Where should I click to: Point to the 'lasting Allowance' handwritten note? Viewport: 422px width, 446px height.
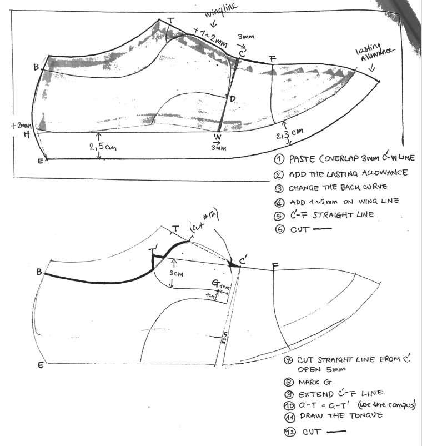(x=375, y=54)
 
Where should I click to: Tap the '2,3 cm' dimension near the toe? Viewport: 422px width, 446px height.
(x=292, y=132)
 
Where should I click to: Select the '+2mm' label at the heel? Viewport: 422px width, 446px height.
(x=19, y=126)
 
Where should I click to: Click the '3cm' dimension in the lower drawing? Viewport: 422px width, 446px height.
(x=177, y=274)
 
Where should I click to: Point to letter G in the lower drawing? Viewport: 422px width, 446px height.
(x=215, y=283)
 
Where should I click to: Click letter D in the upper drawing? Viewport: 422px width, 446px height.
(x=233, y=99)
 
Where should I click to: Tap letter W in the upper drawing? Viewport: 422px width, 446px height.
(x=218, y=137)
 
